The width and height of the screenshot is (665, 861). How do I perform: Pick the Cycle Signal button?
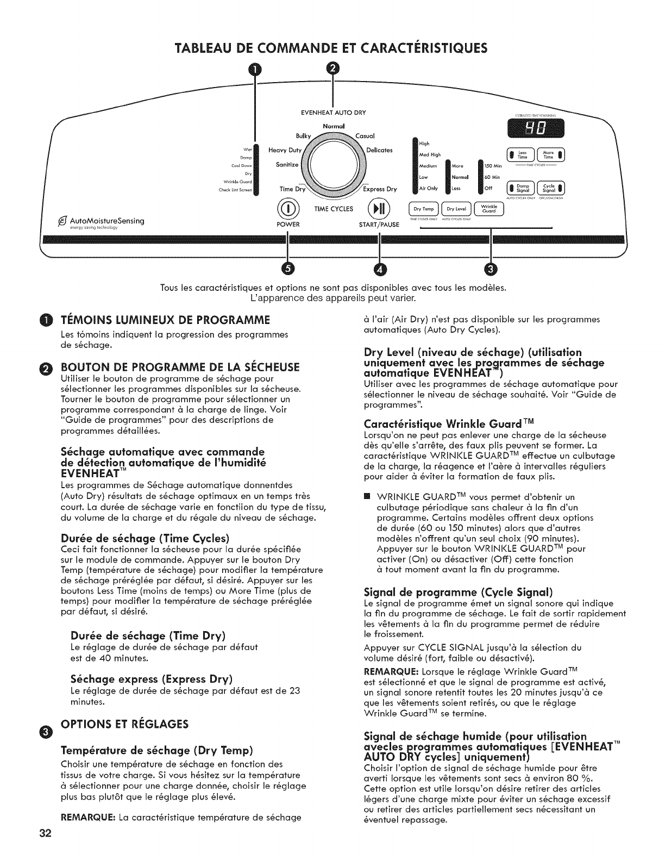point(550,188)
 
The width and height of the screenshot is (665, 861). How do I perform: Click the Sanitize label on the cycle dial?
point(287,165)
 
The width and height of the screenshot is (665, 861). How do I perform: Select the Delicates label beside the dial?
point(380,150)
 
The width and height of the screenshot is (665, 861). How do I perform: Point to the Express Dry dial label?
point(380,189)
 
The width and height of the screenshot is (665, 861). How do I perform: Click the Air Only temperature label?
point(429,189)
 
